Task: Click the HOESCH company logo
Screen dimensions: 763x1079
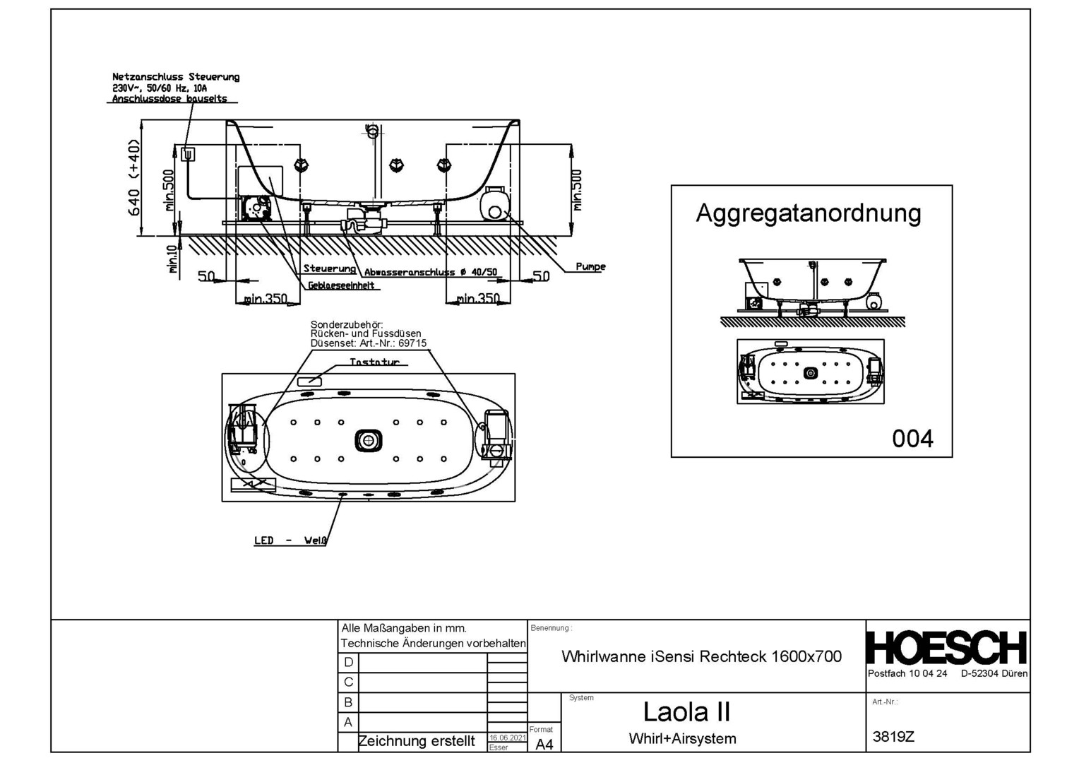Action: (946, 648)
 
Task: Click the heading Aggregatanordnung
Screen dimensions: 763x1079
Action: (808, 213)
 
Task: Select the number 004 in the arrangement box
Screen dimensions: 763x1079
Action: (912, 439)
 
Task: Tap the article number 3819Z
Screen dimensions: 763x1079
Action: (893, 737)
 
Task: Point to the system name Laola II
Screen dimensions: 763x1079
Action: (686, 711)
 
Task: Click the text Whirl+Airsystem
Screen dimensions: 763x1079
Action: (682, 739)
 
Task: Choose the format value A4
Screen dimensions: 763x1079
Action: (544, 745)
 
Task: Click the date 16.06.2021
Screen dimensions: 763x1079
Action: (508, 738)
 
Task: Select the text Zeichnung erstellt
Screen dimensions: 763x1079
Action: (417, 741)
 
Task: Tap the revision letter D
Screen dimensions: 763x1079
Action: (348, 663)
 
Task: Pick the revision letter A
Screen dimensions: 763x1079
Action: (348, 723)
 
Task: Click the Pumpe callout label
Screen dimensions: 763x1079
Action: (590, 267)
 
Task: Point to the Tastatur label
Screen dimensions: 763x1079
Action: (374, 362)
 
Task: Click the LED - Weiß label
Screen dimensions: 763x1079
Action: (290, 540)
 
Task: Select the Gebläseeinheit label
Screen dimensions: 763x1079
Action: (341, 285)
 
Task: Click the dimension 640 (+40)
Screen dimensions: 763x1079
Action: (134, 178)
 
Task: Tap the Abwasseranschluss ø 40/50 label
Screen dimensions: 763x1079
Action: (431, 272)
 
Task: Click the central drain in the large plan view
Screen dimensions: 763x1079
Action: (368, 441)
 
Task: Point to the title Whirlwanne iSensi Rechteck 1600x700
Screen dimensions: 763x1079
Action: (701, 656)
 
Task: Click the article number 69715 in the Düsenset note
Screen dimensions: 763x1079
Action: (412, 343)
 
